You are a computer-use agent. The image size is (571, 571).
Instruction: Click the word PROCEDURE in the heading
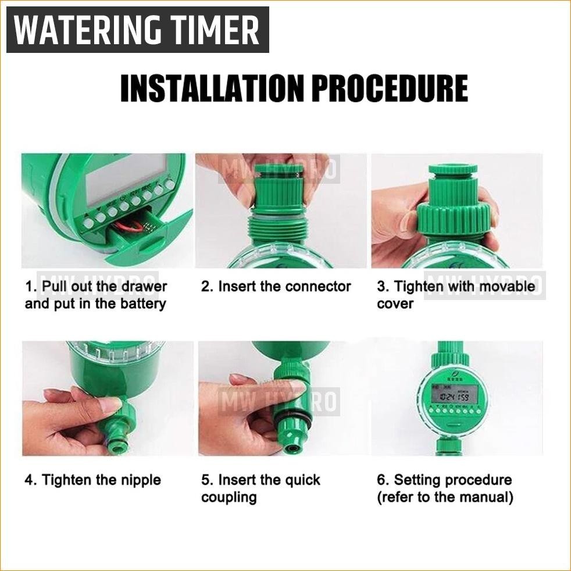pyautogui.click(x=389, y=88)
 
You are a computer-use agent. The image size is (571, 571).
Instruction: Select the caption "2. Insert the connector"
pyautogui.click(x=276, y=287)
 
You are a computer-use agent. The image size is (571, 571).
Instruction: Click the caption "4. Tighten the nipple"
pyautogui.click(x=92, y=480)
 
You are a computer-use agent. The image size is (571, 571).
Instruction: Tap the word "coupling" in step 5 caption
pyautogui.click(x=229, y=497)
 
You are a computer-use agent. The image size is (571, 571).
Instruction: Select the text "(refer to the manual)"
pyautogui.click(x=445, y=497)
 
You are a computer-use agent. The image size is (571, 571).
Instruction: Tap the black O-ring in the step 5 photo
pyautogui.click(x=289, y=415)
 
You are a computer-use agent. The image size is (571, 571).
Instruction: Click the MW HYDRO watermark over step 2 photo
pyautogui.click(x=279, y=171)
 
